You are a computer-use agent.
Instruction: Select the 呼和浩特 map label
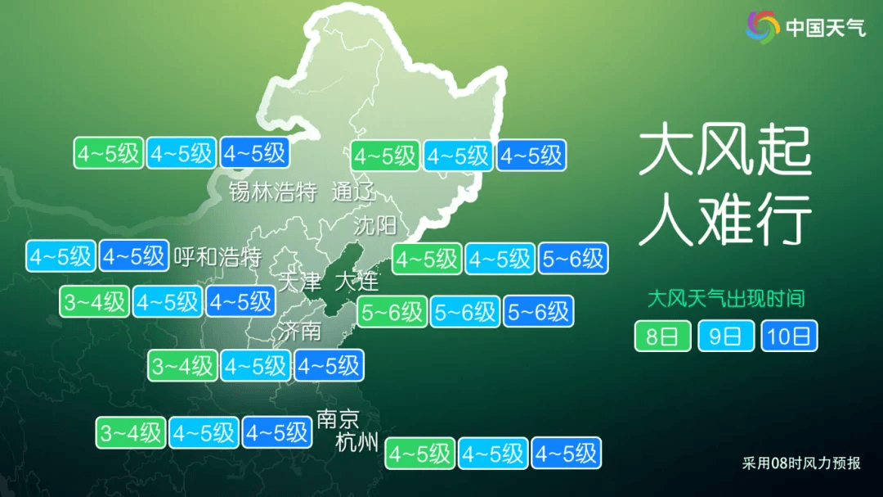pyautogui.click(x=217, y=257)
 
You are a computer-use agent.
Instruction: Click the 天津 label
pyautogui.click(x=299, y=282)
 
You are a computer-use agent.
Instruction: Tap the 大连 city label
pyautogui.click(x=357, y=282)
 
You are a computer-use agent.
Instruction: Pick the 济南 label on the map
pyautogui.click(x=299, y=332)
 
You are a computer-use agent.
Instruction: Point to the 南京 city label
pyautogui.click(x=338, y=420)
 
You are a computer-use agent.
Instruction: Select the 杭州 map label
pyautogui.click(x=357, y=443)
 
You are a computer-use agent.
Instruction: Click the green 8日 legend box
pyautogui.click(x=662, y=336)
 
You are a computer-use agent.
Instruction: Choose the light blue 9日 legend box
pyautogui.click(x=725, y=336)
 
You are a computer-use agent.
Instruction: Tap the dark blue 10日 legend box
pyautogui.click(x=789, y=336)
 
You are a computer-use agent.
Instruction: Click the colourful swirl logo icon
pyautogui.click(x=762, y=28)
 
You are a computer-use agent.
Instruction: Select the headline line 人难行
pyautogui.click(x=724, y=219)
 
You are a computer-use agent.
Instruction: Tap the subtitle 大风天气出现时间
pyautogui.click(x=725, y=298)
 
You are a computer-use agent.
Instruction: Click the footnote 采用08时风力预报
pyautogui.click(x=801, y=463)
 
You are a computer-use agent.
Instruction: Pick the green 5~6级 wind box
pyautogui.click(x=392, y=312)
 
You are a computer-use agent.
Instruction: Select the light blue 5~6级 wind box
pyautogui.click(x=465, y=312)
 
